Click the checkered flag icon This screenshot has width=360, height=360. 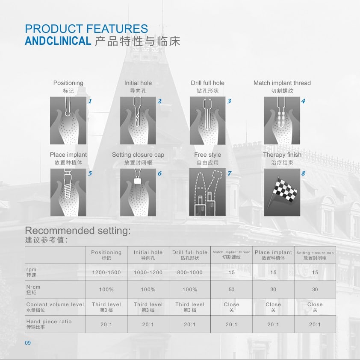(x=282, y=192)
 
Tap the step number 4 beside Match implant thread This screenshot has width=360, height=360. (x=303, y=101)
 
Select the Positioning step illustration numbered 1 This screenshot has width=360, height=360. (x=68, y=120)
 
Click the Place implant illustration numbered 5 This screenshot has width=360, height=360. (x=68, y=192)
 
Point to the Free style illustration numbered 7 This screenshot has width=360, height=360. (x=207, y=192)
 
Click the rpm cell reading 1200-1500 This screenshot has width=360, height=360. (x=106, y=272)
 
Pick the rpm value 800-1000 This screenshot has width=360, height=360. (x=190, y=272)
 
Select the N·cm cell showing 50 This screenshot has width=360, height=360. (x=231, y=290)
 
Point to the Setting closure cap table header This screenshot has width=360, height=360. (x=315, y=255)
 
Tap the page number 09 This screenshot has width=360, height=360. (x=28, y=343)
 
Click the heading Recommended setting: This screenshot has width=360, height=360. (x=78, y=231)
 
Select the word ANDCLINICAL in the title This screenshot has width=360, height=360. (x=58, y=41)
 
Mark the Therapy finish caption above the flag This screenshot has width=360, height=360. (x=282, y=155)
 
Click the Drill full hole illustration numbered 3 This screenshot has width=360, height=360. (x=208, y=120)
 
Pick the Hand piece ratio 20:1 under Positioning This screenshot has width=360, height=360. (x=106, y=325)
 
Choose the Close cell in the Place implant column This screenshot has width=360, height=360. (x=273, y=307)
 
